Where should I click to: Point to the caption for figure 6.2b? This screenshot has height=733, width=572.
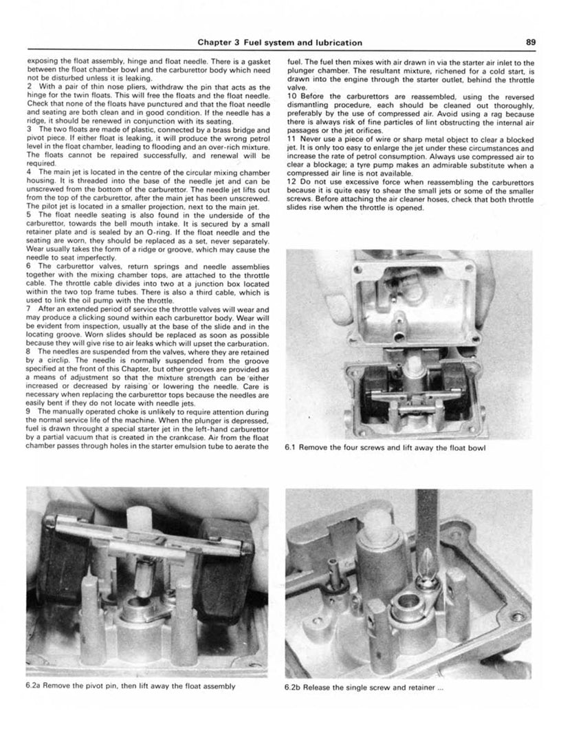(364, 686)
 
